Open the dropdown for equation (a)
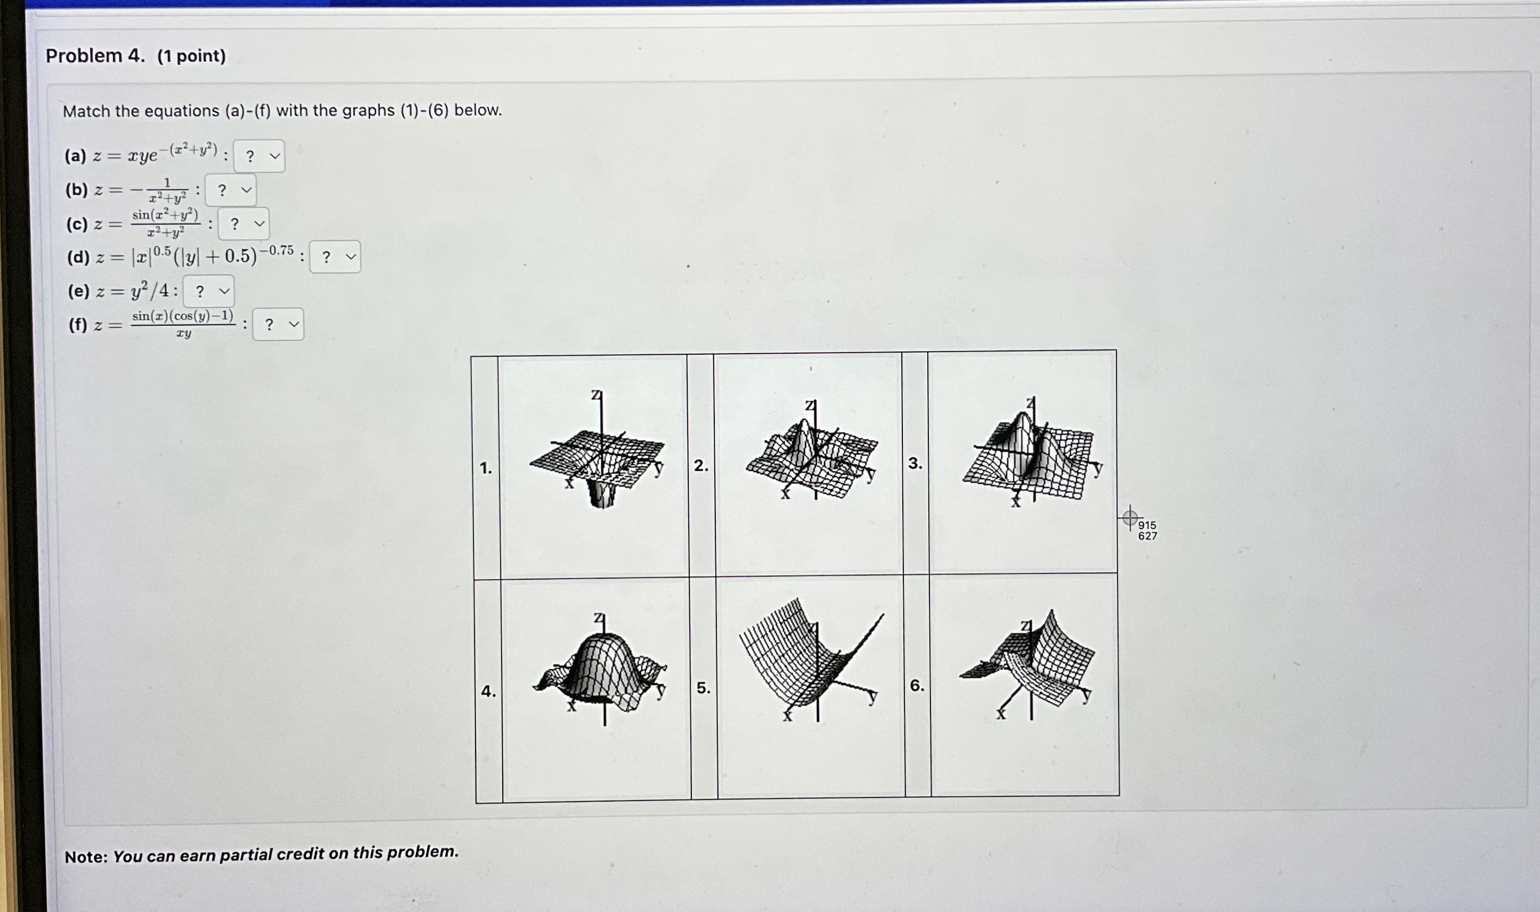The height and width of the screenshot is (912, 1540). coord(259,156)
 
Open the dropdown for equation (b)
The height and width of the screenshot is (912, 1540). coord(230,190)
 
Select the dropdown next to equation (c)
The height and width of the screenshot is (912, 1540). coord(243,223)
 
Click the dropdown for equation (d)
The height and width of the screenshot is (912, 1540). coord(335,257)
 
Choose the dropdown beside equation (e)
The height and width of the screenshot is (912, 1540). coord(208,291)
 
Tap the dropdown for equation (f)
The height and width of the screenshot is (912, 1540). coord(278,324)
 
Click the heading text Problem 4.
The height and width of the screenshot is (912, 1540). coord(95,56)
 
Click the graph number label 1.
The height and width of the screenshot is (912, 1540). coord(486,468)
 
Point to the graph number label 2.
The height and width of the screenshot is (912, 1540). coord(701,466)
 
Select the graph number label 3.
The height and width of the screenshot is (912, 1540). coord(915,464)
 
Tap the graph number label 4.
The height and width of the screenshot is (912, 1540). coord(488,691)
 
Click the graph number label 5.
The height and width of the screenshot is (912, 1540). coord(703,689)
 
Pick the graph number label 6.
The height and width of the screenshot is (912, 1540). coord(917,686)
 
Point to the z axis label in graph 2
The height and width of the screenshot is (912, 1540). coord(811,406)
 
